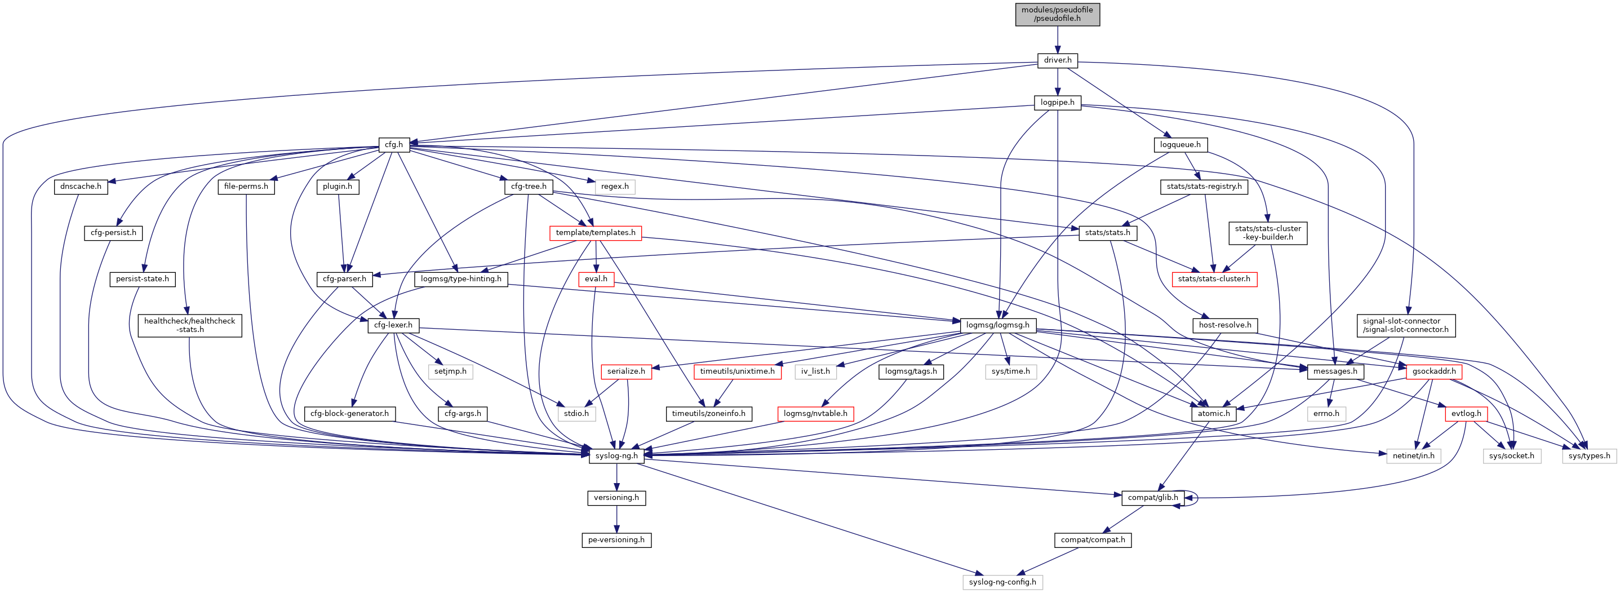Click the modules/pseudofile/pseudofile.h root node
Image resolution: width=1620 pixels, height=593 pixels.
1057,14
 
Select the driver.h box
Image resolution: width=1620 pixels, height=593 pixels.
1057,60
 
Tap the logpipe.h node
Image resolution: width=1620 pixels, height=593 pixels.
1057,103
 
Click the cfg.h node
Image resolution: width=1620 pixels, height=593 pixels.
394,145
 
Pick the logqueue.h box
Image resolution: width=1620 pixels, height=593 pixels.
1180,145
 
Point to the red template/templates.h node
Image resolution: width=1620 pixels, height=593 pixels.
595,233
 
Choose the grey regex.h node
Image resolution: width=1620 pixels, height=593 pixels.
614,187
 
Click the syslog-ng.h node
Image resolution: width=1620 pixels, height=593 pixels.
616,456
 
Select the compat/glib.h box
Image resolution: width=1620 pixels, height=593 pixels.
1153,497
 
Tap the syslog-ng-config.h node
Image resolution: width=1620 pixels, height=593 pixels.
1002,582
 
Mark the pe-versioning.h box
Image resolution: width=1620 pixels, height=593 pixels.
616,540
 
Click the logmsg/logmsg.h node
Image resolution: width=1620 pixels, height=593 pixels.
997,325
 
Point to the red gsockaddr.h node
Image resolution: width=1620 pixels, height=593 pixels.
1433,371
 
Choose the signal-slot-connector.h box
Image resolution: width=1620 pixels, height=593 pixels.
1405,325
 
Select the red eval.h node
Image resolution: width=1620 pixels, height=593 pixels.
596,279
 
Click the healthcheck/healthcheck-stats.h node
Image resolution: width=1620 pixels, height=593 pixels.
189,325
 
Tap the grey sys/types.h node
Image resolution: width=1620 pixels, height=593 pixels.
1588,456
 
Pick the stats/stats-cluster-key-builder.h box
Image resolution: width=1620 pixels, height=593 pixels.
1268,233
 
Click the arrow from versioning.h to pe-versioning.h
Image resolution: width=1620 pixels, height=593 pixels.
616,519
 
